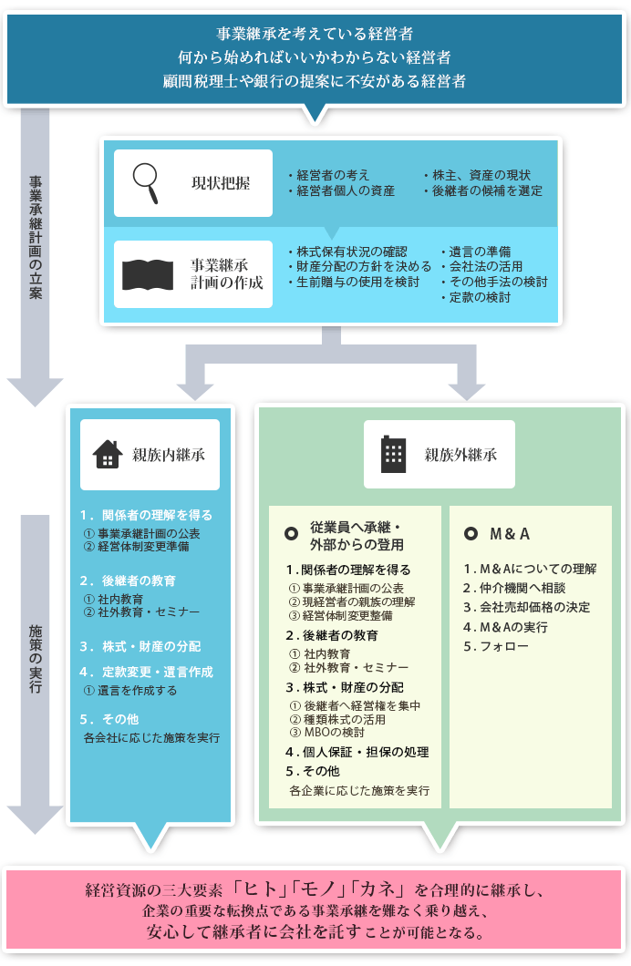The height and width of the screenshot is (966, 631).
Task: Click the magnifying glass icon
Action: click(146, 183)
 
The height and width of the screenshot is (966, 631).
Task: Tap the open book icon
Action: click(148, 275)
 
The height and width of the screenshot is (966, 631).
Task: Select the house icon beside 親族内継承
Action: click(108, 454)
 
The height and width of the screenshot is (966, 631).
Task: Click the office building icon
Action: click(393, 454)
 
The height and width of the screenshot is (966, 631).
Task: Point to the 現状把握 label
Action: click(221, 183)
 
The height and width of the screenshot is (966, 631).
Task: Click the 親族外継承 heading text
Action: click(460, 455)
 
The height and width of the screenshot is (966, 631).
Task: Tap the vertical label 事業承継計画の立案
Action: click(36, 237)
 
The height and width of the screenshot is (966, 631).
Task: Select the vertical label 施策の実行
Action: click(36, 659)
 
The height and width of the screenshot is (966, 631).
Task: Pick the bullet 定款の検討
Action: click(476, 297)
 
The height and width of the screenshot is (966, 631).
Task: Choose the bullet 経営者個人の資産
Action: click(341, 191)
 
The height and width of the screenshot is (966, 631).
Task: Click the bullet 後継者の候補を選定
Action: click(483, 191)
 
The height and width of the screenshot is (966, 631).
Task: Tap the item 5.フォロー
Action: click(496, 646)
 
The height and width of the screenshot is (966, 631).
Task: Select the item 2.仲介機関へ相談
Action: click(514, 588)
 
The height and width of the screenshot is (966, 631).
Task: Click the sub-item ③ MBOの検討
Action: click(327, 733)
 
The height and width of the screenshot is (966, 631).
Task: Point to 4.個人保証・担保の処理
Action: click(357, 752)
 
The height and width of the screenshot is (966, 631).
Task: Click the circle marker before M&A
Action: click(471, 533)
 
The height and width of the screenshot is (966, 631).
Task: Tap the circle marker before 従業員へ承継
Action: click(292, 533)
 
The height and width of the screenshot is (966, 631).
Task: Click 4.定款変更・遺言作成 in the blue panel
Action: click(146, 672)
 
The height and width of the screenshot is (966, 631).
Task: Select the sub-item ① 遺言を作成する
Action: click(130, 691)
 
